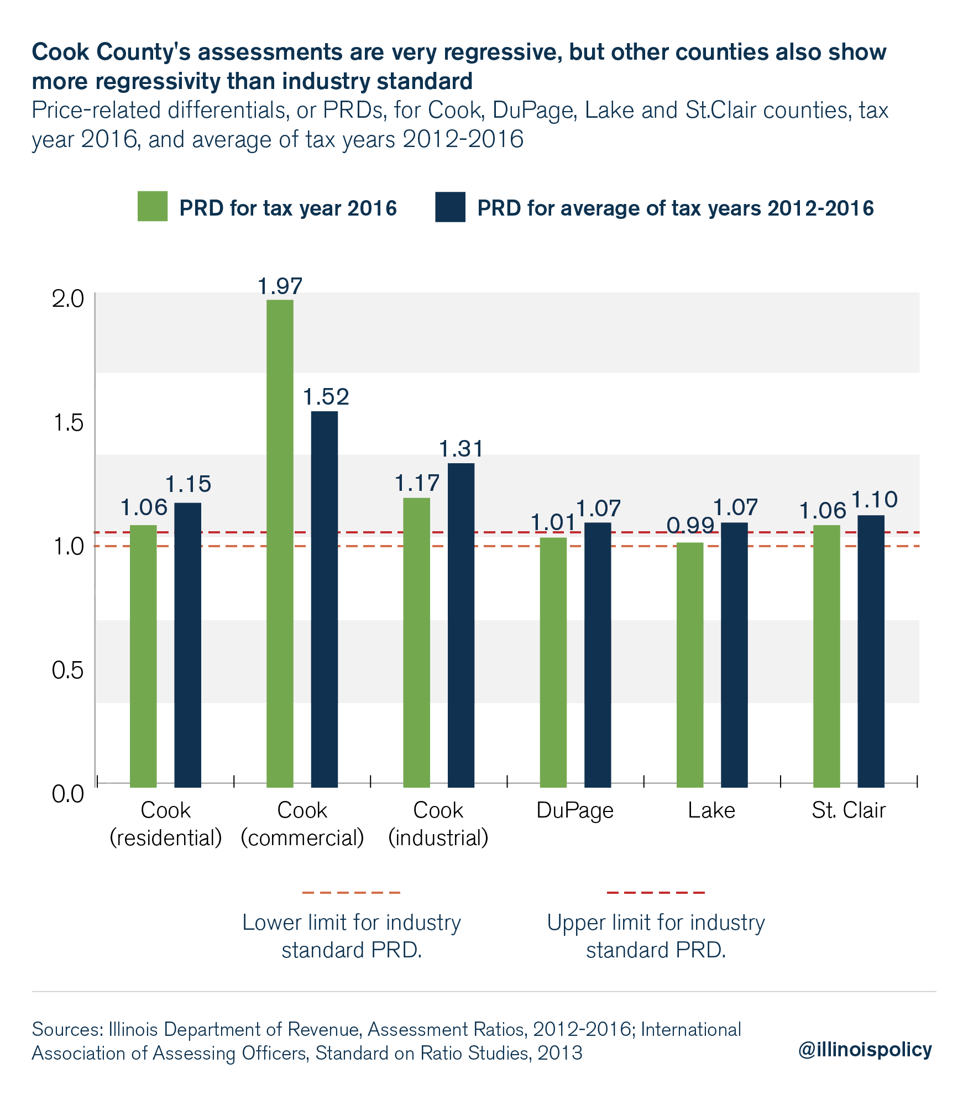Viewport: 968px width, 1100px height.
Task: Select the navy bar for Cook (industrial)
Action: (461, 625)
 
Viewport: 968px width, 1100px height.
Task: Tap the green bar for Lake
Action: (689, 664)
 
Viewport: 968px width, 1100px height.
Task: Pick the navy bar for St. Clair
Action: (871, 651)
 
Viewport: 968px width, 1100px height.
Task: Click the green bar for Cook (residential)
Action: (143, 656)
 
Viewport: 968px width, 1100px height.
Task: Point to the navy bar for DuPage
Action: (597, 654)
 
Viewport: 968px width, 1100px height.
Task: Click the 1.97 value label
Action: (280, 286)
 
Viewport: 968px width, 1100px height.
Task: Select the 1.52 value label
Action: (326, 397)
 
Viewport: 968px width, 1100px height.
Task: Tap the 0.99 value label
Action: (690, 525)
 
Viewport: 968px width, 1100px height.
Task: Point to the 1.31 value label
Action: (461, 449)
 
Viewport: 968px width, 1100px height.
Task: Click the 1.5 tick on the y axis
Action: (67, 423)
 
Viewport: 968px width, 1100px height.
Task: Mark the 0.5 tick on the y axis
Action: (67, 670)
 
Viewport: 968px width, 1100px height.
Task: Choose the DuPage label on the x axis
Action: (575, 810)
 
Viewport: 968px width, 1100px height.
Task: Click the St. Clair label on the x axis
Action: (848, 810)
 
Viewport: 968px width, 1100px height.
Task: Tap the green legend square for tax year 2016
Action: (153, 207)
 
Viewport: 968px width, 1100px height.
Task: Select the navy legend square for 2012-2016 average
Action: (449, 207)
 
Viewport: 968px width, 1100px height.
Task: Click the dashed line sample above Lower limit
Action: (351, 892)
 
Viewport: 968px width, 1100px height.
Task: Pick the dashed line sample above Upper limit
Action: (656, 892)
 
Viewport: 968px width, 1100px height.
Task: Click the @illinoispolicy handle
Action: (865, 1049)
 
